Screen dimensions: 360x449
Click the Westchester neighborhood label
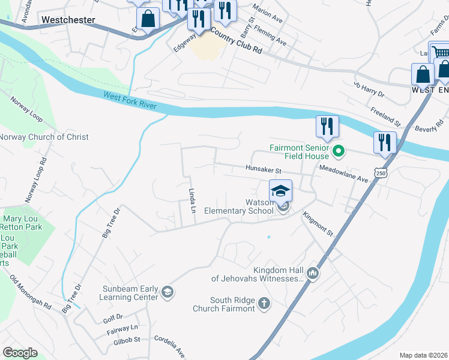[x=68, y=20]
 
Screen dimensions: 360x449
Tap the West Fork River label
[x=130, y=100]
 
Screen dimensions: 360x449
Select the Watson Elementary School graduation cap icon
[x=280, y=191]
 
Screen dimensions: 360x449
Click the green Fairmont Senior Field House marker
[x=339, y=151]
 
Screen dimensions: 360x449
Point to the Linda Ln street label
[x=193, y=201]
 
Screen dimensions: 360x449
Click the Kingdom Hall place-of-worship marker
[x=312, y=274]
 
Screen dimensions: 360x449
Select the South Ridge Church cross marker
[x=265, y=304]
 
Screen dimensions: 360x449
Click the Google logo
[x=20, y=352]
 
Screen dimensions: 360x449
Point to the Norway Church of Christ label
[x=44, y=137]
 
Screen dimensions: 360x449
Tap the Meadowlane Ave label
[x=343, y=175]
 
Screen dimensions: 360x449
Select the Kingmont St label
[x=318, y=223]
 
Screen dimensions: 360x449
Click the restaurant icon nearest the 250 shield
[x=385, y=143]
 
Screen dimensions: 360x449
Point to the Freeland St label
[x=385, y=116]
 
